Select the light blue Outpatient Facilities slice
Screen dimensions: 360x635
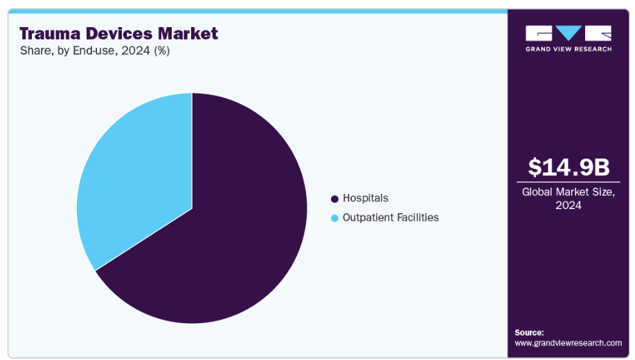pos(138,180)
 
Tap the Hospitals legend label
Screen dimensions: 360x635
pos(366,199)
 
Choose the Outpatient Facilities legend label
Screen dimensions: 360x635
pos(391,217)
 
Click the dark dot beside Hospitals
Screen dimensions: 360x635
pos(335,199)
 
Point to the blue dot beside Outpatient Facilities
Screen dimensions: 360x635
pos(335,218)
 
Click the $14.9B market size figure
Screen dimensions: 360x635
pos(568,167)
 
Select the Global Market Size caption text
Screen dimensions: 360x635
pos(568,192)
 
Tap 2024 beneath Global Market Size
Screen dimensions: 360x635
pos(568,206)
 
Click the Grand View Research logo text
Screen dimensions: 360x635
pos(568,49)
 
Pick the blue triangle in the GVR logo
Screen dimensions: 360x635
pos(569,33)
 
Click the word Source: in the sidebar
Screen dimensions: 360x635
pos(529,332)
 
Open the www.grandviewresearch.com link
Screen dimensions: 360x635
pos(568,343)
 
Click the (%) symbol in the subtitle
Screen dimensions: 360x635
pos(161,51)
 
